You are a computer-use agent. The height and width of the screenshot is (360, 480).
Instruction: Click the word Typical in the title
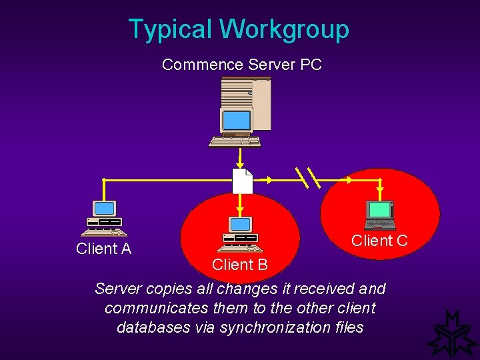click(x=170, y=29)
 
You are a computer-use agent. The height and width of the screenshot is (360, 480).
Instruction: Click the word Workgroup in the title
click(x=284, y=29)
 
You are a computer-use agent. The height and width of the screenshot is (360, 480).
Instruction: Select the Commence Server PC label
click(x=241, y=65)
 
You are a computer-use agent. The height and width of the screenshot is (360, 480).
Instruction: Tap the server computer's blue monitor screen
click(x=236, y=121)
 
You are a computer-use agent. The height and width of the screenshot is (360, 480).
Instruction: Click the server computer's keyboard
click(x=234, y=141)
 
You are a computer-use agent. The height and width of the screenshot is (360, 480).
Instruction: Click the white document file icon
click(x=241, y=181)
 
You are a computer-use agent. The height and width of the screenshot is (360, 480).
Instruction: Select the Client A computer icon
click(x=104, y=219)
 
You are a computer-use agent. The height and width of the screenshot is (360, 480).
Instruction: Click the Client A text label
click(x=103, y=249)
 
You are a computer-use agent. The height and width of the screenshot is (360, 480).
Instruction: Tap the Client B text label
click(x=239, y=265)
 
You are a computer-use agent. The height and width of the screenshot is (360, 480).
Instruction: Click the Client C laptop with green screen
click(x=380, y=215)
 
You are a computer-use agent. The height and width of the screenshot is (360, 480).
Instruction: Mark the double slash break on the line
click(x=307, y=178)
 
